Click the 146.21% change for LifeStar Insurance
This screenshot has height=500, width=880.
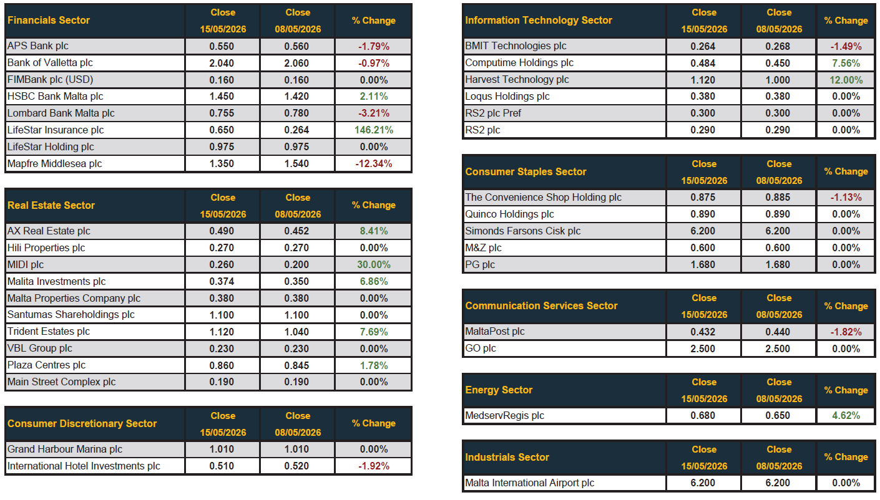point(374,130)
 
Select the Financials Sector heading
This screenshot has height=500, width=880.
point(49,21)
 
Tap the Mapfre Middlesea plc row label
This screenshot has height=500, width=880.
point(54,164)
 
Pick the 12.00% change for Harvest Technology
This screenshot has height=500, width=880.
point(846,80)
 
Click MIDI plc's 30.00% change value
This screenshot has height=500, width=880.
point(374,264)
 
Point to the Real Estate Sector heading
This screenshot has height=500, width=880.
point(51,205)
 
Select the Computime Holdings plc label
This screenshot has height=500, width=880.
point(519,63)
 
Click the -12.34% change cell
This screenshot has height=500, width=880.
point(374,164)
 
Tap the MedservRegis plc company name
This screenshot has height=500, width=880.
point(504,416)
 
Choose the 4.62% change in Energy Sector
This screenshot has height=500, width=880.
point(846,416)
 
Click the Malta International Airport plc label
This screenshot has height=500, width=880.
point(530,483)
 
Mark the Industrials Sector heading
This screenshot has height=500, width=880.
point(507,457)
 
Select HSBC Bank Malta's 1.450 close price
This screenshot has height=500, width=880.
point(222,97)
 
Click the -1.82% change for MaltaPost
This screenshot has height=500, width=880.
point(846,332)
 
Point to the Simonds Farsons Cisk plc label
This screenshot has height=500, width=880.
point(522,231)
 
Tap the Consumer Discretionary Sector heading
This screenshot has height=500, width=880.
point(82,423)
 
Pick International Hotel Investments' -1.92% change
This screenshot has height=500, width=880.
point(374,466)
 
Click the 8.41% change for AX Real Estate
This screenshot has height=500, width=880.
point(374,231)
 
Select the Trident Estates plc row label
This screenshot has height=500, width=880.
point(48,332)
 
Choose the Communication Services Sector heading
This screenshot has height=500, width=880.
point(541,305)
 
